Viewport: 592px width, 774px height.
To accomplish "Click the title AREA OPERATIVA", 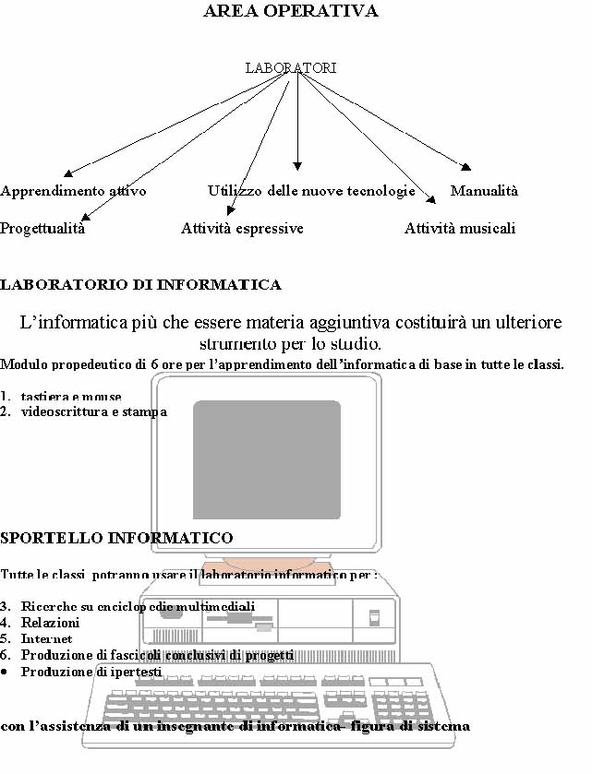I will pyautogui.click(x=290, y=12).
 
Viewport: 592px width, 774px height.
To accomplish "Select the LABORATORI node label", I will pyautogui.click(x=291, y=68).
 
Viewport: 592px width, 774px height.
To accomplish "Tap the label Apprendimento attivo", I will pyautogui.click(x=73, y=191).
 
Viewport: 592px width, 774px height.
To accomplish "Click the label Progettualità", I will pyautogui.click(x=42, y=229).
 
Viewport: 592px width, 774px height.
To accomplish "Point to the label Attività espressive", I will pyautogui.click(x=242, y=229).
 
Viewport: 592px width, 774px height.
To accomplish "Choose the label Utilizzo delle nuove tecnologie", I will pyautogui.click(x=311, y=191).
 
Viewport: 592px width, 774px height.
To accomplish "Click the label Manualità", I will pyautogui.click(x=484, y=191).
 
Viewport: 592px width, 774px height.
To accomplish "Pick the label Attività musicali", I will pyautogui.click(x=460, y=229).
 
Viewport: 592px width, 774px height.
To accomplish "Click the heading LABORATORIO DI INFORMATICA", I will pyautogui.click(x=140, y=285).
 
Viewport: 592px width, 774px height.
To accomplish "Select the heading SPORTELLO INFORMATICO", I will pyautogui.click(x=116, y=537).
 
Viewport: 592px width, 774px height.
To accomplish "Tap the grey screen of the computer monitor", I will pyautogui.click(x=266, y=458).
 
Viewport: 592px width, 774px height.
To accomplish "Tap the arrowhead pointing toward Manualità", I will pyautogui.click(x=466, y=167).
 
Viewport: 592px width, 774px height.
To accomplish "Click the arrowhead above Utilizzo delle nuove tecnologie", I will pyautogui.click(x=297, y=166).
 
